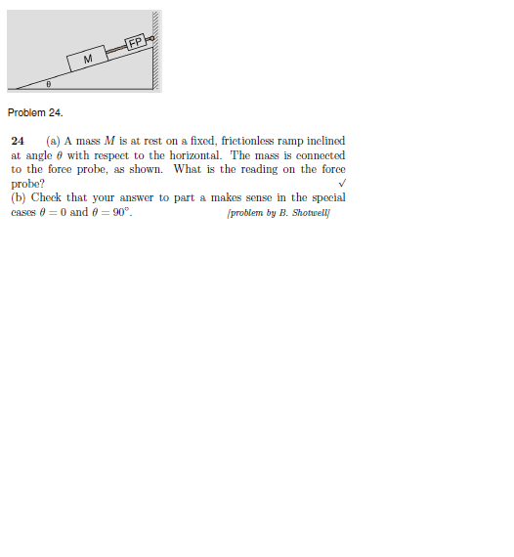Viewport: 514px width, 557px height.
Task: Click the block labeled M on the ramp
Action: (x=88, y=60)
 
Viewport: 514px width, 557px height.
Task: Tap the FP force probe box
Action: (x=136, y=42)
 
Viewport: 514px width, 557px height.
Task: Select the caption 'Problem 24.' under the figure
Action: (x=34, y=113)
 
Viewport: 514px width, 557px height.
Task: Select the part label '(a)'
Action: (x=53, y=142)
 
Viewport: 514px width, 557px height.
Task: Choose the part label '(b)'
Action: (x=19, y=197)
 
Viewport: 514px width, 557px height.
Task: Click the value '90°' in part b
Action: (x=118, y=211)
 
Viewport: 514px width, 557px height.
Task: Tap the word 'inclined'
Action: (x=324, y=142)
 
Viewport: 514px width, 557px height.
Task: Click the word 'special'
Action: (x=326, y=197)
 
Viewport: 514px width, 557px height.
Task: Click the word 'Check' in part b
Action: (x=49, y=197)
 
